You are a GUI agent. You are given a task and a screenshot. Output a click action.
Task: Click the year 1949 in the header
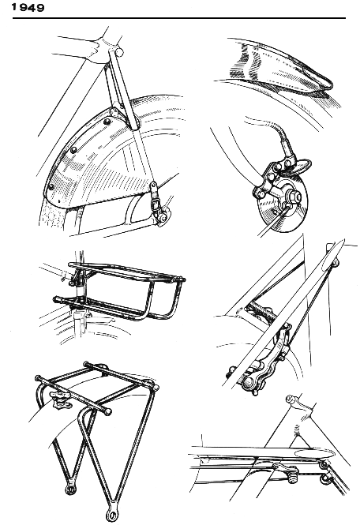(28, 7)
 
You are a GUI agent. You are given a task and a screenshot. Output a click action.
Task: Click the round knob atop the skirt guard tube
(118, 52)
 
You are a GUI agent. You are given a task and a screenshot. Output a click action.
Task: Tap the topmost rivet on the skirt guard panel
(107, 122)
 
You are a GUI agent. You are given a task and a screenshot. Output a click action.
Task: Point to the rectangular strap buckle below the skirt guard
(155, 203)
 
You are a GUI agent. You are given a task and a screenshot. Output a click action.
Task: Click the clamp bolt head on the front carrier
(71, 283)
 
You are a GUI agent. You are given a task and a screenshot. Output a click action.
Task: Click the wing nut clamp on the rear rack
(60, 399)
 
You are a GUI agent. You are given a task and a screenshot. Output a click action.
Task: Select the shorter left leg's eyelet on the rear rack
(70, 489)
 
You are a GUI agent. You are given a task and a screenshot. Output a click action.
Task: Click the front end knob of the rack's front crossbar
(107, 412)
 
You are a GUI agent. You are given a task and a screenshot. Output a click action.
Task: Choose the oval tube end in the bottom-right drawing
(315, 454)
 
